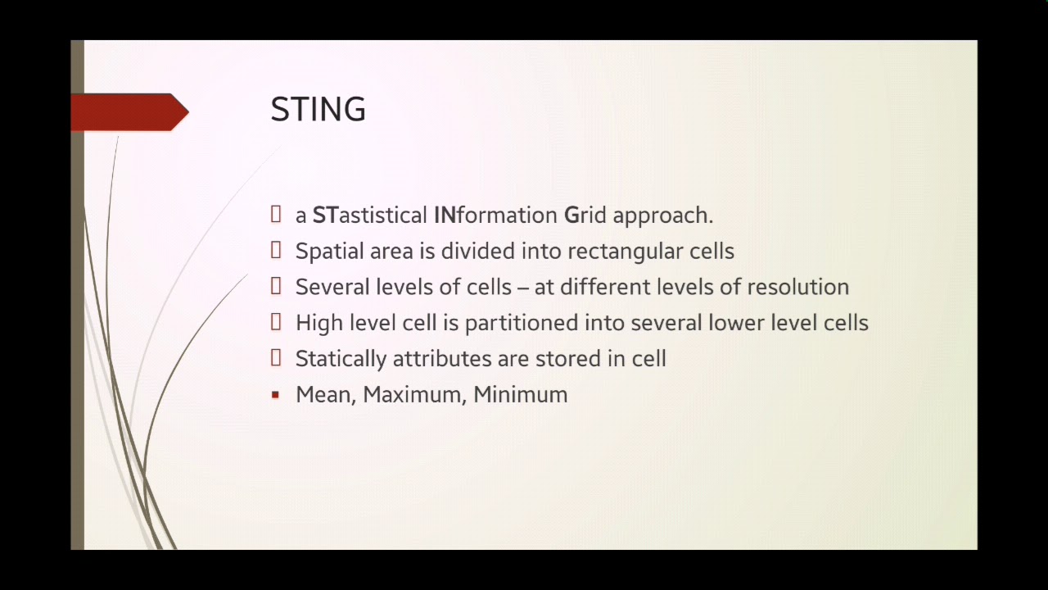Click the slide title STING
(318, 110)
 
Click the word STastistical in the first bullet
(369, 216)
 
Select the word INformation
(495, 216)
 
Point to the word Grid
(585, 216)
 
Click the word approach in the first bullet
(662, 216)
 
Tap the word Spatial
(330, 252)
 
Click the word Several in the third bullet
(332, 287)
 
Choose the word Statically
(341, 359)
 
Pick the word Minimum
(520, 395)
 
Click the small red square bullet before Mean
(275, 395)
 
